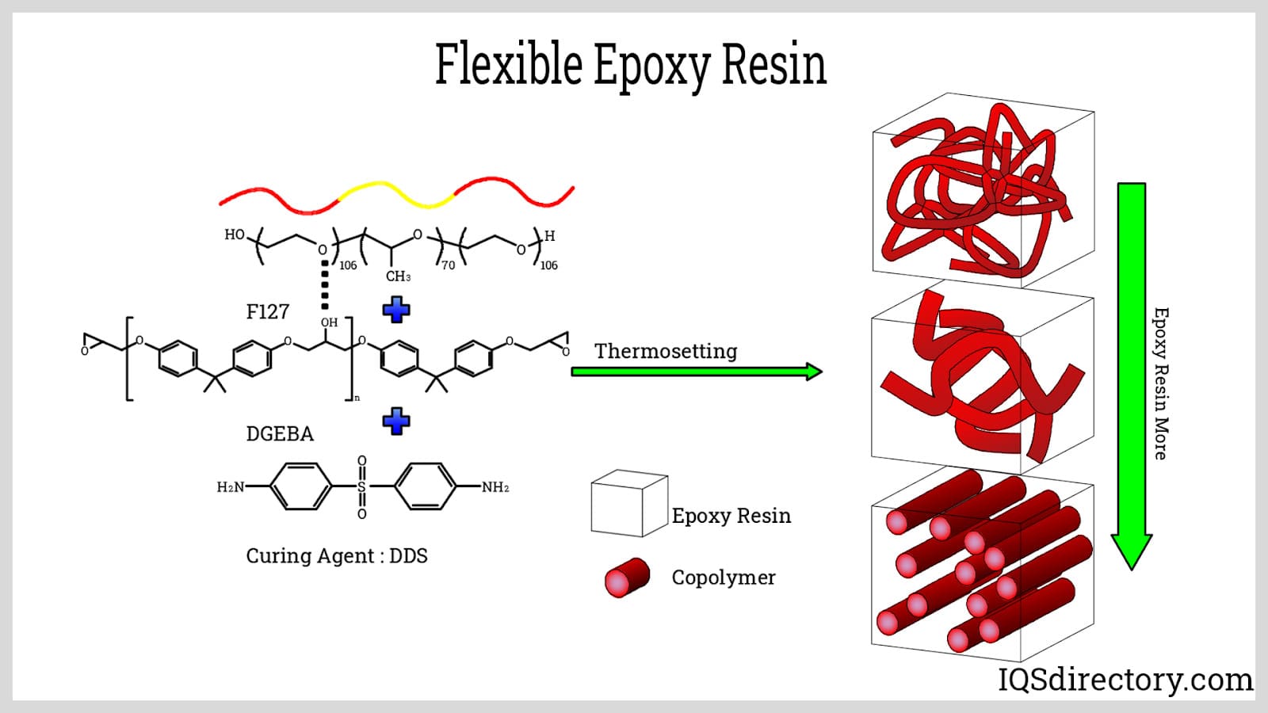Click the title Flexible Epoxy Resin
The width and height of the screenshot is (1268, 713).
(x=631, y=64)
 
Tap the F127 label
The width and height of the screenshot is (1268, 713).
(x=268, y=312)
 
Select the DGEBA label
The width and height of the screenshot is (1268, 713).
(x=280, y=434)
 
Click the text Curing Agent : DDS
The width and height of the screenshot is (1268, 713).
(x=337, y=556)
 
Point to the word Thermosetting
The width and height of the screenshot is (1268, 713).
(x=666, y=351)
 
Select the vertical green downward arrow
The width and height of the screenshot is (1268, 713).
(x=1131, y=372)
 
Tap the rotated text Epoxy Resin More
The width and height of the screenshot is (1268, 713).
(x=1160, y=383)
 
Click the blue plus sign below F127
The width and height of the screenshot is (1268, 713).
(x=396, y=309)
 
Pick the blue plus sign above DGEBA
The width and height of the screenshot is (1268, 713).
(x=396, y=421)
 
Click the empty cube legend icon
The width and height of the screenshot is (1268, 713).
(x=628, y=504)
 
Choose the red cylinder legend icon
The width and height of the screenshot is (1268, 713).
(x=627, y=578)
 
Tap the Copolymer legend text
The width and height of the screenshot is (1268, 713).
(x=724, y=578)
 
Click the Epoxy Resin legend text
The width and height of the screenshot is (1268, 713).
(x=731, y=516)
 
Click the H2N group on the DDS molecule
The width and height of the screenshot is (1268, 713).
(x=231, y=487)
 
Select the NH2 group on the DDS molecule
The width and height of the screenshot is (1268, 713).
(x=495, y=487)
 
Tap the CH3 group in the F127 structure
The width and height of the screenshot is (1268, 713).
(x=398, y=276)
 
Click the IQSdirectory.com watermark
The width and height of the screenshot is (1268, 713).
(x=1125, y=680)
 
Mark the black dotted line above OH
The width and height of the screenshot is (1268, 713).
(x=324, y=285)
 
